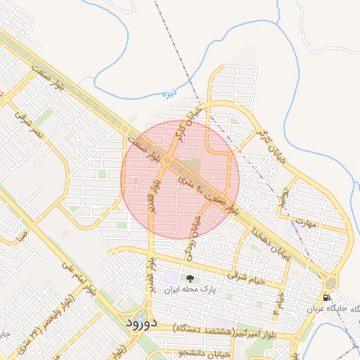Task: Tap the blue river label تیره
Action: click(x=168, y=93)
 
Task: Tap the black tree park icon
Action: click(x=188, y=278)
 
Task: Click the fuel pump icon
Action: click(x=327, y=297)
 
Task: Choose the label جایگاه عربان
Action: click(x=332, y=309)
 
